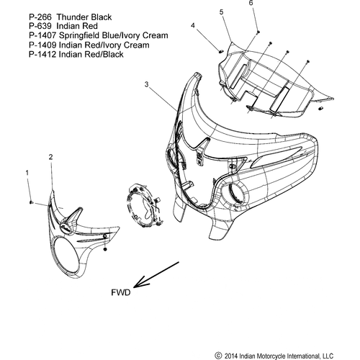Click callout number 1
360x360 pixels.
click(x=27, y=173)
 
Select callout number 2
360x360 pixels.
click(x=50, y=157)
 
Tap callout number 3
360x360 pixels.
click(x=147, y=84)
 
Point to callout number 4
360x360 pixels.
click(x=193, y=25)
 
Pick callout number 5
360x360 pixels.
click(x=222, y=12)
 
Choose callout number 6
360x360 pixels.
click(x=251, y=3)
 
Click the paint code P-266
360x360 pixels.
click(x=40, y=17)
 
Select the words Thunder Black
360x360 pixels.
click(x=84, y=17)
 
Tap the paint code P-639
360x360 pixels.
click(x=40, y=26)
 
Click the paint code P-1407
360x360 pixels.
click(x=42, y=35)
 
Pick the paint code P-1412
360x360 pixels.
click(x=42, y=54)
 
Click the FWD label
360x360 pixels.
click(x=121, y=292)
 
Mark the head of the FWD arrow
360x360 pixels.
click(x=134, y=287)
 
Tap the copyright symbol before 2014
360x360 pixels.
click(x=218, y=356)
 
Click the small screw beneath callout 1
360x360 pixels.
click(x=31, y=202)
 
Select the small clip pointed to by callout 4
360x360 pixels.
click(x=221, y=50)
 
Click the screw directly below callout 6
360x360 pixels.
click(x=258, y=32)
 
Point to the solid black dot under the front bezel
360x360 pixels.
click(x=105, y=249)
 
